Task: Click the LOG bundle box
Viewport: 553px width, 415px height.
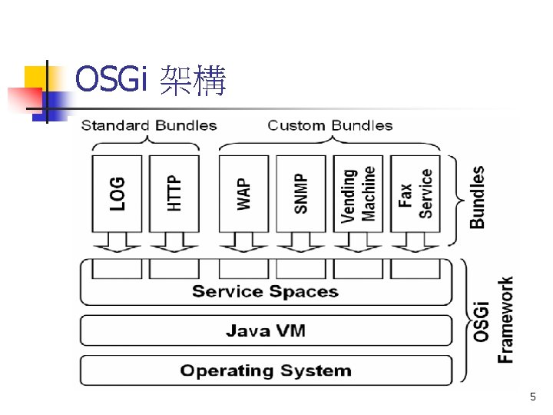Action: coord(117,193)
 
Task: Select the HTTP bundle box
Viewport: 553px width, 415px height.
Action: coord(174,193)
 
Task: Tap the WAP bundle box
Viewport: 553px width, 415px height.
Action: coord(243,193)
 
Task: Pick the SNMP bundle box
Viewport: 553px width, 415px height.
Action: coord(300,193)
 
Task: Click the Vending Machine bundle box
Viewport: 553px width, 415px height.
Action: coord(359,193)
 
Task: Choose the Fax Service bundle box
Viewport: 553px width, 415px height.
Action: coord(416,193)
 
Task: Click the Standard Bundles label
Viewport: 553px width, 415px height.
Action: coord(149,125)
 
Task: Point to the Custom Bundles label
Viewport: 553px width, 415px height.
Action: coord(329,125)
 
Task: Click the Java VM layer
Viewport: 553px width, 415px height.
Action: coord(266,331)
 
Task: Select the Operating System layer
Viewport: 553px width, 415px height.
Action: coord(266,370)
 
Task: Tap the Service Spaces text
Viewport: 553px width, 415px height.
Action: coord(265,291)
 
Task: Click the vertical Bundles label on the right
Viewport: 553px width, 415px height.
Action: coord(477,197)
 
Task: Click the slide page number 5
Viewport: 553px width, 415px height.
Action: coord(532,397)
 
